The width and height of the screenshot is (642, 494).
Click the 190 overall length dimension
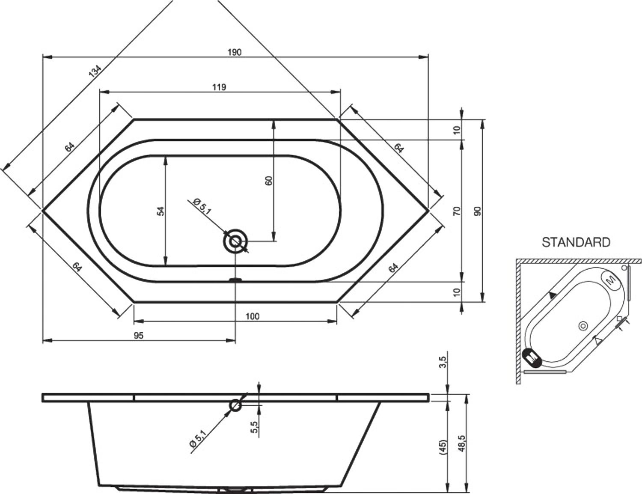(x=235, y=52)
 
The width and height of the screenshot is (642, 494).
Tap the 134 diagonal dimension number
(x=95, y=71)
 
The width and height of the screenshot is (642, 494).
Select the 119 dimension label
(x=219, y=87)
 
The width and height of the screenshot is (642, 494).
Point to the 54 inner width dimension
(x=161, y=211)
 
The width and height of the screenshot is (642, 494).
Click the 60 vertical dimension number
(x=269, y=181)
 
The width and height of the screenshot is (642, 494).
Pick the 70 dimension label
(x=457, y=211)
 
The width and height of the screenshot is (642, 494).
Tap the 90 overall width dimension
(x=478, y=211)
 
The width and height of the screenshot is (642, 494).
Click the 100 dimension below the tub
(x=253, y=316)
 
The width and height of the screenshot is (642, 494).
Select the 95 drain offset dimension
(x=139, y=336)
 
